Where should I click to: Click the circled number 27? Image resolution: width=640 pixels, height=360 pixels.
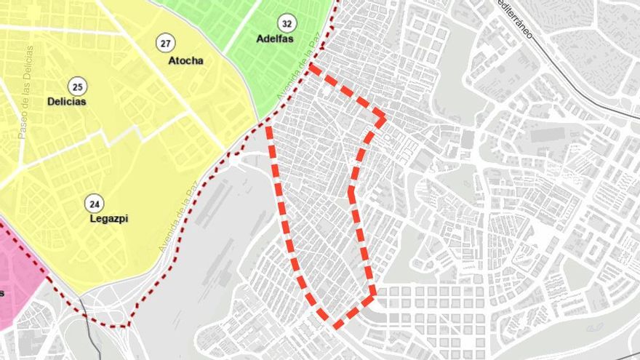click(x=166, y=44)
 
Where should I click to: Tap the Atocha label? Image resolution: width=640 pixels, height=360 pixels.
click(x=185, y=61)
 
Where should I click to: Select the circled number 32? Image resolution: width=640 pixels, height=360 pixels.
click(x=288, y=23)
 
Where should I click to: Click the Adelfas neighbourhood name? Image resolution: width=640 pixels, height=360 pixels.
click(x=275, y=39)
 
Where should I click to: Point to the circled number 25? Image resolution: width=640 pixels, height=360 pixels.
click(x=75, y=85)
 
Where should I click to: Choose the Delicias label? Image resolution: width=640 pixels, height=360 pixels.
click(x=67, y=102)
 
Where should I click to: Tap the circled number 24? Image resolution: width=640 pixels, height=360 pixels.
click(x=93, y=202)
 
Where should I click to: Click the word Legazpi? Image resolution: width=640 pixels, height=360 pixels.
click(x=108, y=218)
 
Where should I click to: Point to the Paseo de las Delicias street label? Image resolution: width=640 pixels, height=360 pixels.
click(x=25, y=92)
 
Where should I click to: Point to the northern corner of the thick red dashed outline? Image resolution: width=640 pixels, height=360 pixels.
click(x=311, y=67)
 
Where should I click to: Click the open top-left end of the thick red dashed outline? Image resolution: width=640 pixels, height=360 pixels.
click(x=269, y=129)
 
